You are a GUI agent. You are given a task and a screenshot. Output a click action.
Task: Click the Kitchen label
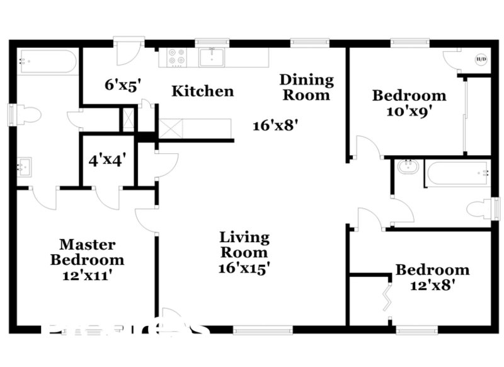tap(203, 91)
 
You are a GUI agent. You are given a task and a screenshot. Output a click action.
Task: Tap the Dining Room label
tap(306, 87)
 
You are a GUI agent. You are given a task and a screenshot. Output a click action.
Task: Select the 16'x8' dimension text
tap(275, 125)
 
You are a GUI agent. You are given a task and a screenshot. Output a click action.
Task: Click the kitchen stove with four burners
tap(177, 57)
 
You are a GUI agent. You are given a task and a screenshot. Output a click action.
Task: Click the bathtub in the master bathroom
tap(47, 62)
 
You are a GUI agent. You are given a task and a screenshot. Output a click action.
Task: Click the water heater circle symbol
tap(481, 61)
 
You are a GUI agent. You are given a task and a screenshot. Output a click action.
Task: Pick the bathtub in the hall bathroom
tap(457, 172)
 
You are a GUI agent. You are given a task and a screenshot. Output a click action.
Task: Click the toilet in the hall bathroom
tap(482, 208)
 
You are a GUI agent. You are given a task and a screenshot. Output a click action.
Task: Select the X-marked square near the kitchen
tap(128, 120)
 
